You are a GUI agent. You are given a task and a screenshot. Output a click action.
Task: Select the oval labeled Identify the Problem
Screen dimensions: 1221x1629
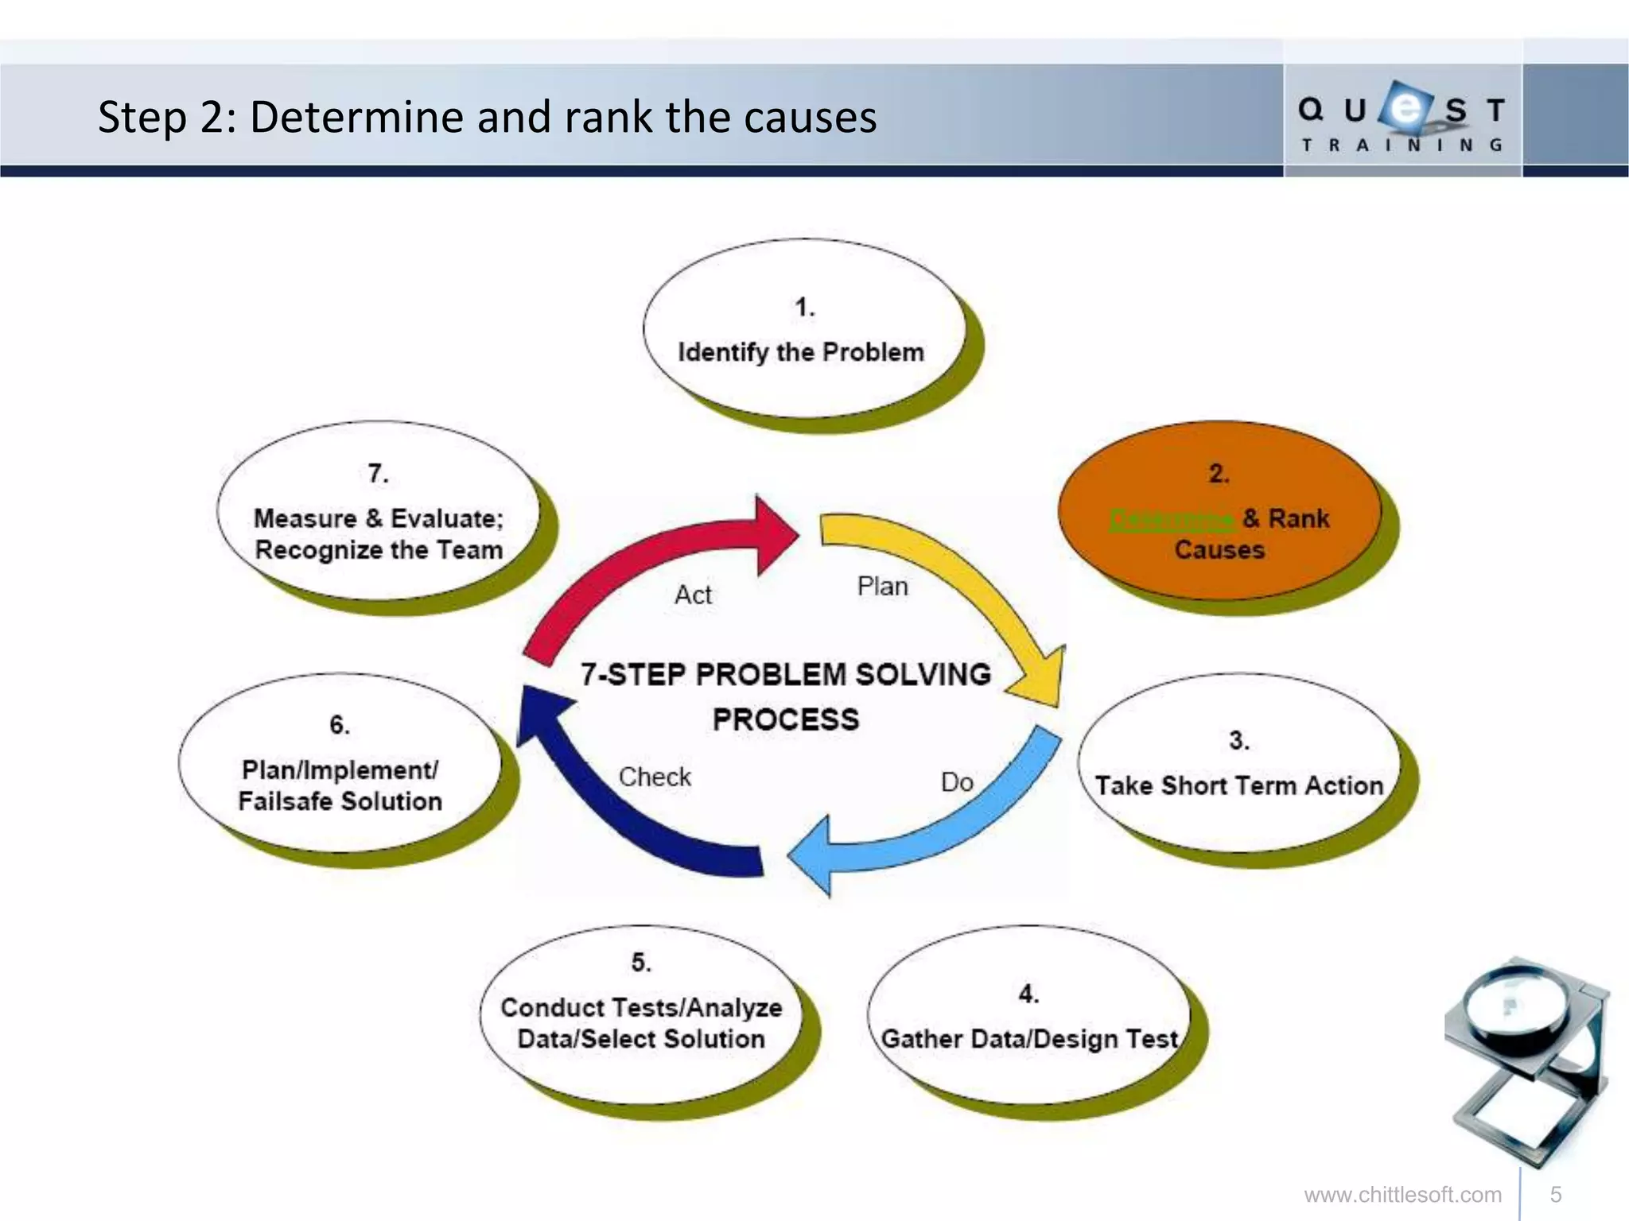803,329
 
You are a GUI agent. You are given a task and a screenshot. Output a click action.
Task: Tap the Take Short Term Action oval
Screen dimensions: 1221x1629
1238,763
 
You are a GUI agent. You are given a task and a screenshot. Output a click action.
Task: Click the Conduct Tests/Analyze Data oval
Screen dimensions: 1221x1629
641,1014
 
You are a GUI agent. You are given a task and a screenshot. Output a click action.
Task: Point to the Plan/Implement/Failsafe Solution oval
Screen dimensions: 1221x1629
340,763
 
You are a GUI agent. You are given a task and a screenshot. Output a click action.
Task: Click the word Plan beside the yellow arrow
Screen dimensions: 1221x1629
882,587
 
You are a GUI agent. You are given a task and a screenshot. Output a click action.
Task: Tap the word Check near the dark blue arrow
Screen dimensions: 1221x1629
655,777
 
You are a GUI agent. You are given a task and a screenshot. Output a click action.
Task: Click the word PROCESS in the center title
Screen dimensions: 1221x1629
786,719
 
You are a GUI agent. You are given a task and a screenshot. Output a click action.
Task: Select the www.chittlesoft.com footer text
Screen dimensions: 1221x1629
1402,1195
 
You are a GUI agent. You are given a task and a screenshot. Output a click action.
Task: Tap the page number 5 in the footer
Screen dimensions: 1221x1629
1556,1195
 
